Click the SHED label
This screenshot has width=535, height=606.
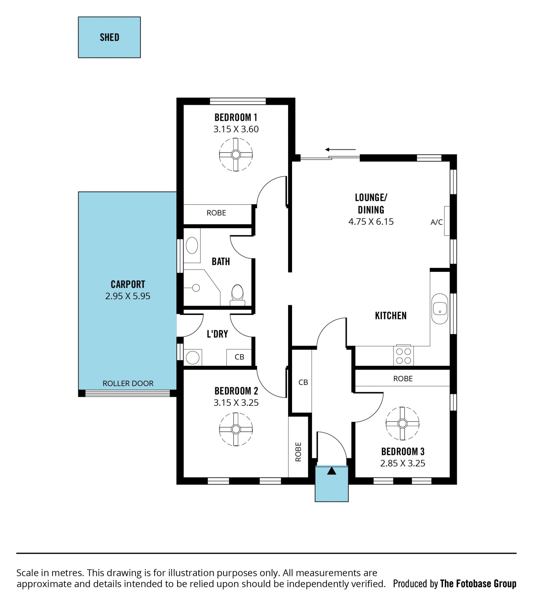[x=110, y=37]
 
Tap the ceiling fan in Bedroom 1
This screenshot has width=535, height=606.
[x=236, y=155]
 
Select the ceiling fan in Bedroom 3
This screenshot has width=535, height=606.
[x=402, y=423]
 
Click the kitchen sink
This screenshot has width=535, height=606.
[x=440, y=309]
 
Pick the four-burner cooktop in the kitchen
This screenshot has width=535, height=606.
[x=404, y=356]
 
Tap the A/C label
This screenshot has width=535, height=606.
[x=437, y=222]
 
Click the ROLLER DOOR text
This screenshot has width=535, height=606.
[x=128, y=383]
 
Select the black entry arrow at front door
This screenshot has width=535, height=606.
[x=332, y=471]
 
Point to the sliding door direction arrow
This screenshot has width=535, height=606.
[x=340, y=150]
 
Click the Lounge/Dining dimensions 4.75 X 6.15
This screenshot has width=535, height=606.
[x=371, y=221]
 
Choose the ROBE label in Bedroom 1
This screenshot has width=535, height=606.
[x=216, y=213]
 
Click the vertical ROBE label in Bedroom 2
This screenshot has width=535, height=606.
[x=298, y=452]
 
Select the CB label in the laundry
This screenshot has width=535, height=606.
[x=239, y=357]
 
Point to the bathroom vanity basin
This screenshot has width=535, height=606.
[x=192, y=245]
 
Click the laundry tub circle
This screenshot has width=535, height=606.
[x=193, y=358]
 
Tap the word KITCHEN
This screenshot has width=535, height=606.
[x=391, y=316]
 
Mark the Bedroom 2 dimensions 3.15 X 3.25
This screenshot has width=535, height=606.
[x=236, y=403]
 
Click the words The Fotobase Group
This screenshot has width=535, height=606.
[x=478, y=584]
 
